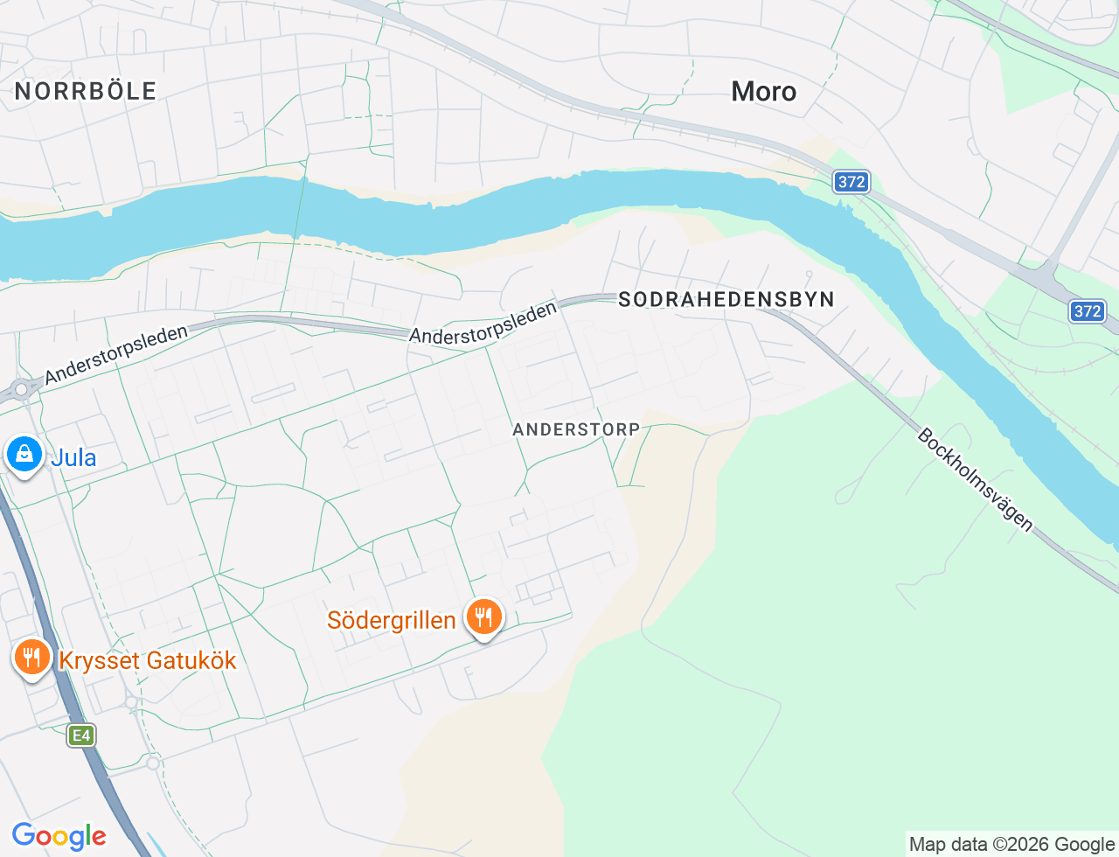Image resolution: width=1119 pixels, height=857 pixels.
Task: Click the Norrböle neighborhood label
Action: [86, 91]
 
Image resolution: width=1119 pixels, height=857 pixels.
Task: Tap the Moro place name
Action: [764, 92]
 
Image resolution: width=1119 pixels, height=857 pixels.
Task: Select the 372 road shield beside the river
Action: [851, 182]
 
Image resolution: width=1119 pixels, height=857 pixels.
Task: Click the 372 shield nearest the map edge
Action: [1088, 311]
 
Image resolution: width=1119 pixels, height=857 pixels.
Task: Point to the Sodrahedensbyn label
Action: [726, 300]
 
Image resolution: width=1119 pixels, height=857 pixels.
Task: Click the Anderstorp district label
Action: [576, 429]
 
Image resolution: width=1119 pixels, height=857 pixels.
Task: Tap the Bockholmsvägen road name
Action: [976, 479]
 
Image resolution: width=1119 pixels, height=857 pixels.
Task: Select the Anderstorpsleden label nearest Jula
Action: [116, 355]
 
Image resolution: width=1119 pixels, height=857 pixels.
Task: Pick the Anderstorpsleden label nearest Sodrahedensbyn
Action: [483, 324]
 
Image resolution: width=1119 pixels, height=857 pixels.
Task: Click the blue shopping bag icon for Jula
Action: [24, 455]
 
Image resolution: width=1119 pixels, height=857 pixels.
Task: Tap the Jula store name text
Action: [73, 457]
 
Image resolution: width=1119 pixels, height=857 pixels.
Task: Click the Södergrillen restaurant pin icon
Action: [483, 617]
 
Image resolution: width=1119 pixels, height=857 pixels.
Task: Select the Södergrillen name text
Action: [392, 621]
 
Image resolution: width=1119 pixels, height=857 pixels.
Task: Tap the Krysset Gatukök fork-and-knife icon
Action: [32, 656]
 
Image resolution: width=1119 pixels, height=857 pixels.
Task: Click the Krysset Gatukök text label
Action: [148, 660]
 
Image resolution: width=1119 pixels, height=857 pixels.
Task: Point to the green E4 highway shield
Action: [81, 735]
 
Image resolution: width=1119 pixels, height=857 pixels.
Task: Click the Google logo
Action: [59, 836]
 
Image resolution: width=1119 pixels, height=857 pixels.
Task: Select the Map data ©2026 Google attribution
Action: [1011, 844]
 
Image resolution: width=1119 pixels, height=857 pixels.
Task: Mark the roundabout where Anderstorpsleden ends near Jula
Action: [21, 389]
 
